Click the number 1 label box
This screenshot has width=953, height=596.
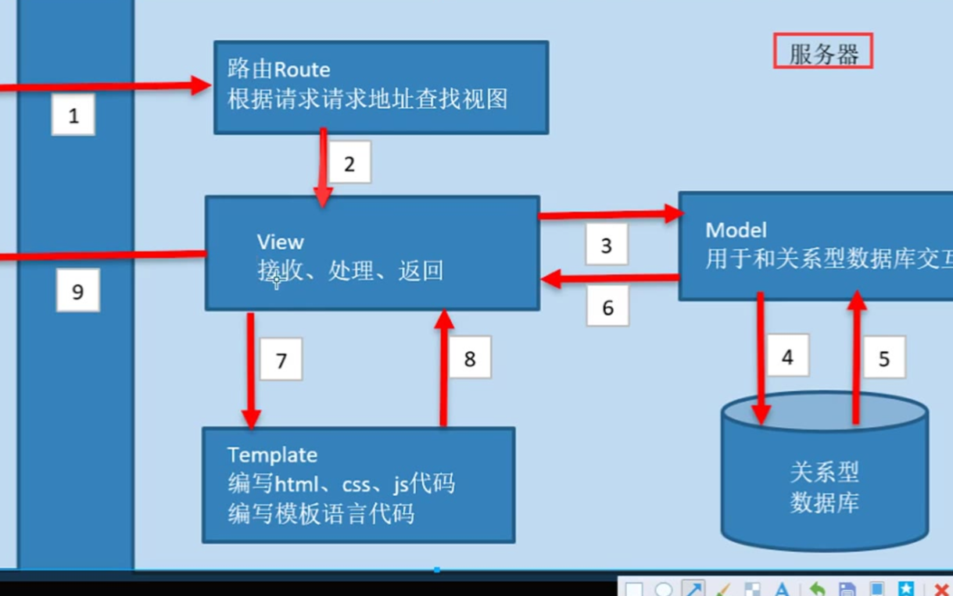(x=73, y=116)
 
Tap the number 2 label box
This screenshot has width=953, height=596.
(x=349, y=163)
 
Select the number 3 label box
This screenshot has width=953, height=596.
(x=606, y=244)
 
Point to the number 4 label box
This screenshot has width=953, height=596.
(x=787, y=356)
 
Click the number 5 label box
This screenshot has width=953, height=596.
(x=884, y=357)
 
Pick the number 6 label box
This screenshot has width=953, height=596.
(x=607, y=307)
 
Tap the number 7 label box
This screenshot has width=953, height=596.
(x=281, y=360)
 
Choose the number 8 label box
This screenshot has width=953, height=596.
(x=469, y=358)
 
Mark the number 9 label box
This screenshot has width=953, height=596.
(x=77, y=291)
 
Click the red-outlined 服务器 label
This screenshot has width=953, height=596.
(x=823, y=52)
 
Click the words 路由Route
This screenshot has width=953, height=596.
(x=279, y=69)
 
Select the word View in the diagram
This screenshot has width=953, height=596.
(x=280, y=242)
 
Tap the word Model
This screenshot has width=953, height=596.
(x=736, y=230)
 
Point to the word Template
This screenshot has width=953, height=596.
(x=272, y=455)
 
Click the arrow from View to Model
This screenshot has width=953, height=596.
(x=608, y=214)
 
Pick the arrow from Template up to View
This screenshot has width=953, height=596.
(x=444, y=368)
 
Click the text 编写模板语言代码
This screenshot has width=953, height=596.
(x=321, y=514)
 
